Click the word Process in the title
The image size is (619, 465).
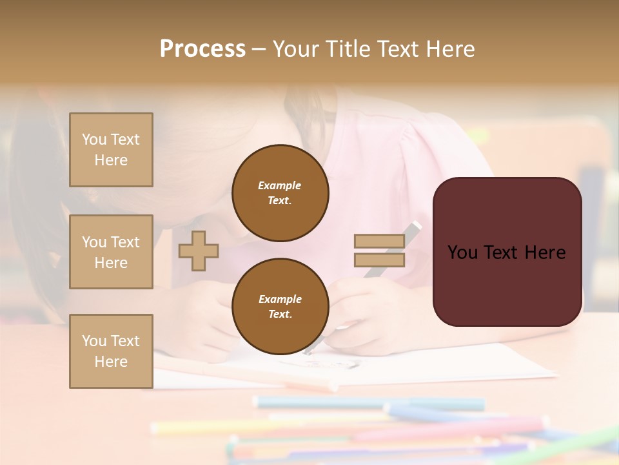(202, 49)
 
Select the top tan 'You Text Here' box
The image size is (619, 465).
(111, 150)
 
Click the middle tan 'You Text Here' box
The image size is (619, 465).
(111, 252)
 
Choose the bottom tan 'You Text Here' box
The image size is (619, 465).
(111, 351)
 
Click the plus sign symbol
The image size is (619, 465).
(199, 251)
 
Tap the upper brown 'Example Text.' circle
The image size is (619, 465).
(280, 193)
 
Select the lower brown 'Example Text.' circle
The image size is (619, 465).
(280, 307)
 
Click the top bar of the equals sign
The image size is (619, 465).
(379, 241)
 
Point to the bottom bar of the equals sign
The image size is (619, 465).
(379, 260)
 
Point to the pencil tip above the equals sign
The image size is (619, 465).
(416, 226)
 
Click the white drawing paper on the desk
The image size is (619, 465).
(451, 368)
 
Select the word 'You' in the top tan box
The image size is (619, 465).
(94, 139)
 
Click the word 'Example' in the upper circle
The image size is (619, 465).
(280, 185)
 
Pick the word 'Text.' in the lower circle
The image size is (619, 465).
(280, 314)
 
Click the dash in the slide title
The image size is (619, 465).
(259, 49)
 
